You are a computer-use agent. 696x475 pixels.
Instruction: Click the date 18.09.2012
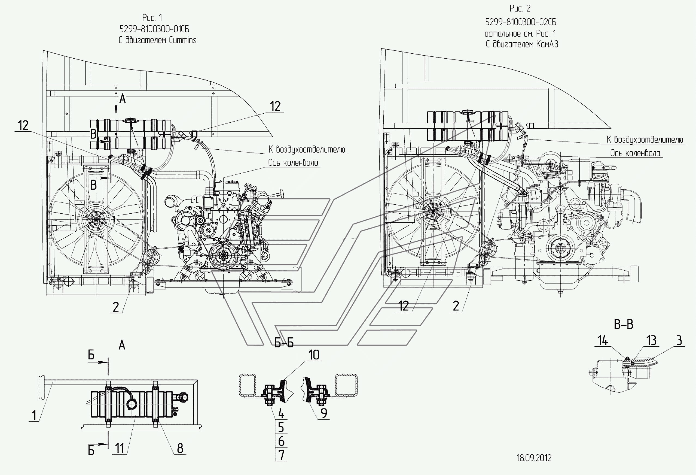click(534, 458)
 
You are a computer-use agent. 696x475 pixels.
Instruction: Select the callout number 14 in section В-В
click(603, 341)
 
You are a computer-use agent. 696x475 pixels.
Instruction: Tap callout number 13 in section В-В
click(651, 341)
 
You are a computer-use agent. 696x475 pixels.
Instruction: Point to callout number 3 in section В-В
click(679, 340)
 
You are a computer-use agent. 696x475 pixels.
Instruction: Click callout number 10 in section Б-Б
click(314, 355)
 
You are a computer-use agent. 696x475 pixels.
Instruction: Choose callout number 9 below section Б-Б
click(324, 413)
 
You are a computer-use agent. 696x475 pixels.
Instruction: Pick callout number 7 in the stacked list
click(281, 455)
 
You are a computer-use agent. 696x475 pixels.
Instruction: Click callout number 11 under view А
click(120, 449)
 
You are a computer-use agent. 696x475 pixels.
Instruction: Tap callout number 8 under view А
click(180, 448)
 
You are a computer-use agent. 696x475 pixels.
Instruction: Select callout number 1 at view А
click(34, 416)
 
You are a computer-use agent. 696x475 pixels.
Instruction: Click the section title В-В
click(624, 325)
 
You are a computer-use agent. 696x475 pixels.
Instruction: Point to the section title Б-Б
click(284, 343)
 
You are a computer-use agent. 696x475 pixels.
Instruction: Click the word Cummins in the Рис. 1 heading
click(183, 40)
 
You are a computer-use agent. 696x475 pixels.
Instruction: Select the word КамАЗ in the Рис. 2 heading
click(547, 44)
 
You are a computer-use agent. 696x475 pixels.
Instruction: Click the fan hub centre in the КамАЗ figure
click(433, 211)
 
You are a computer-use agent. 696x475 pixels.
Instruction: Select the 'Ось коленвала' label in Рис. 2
click(635, 153)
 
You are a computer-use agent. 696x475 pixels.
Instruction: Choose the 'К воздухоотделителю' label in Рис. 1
click(306, 149)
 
